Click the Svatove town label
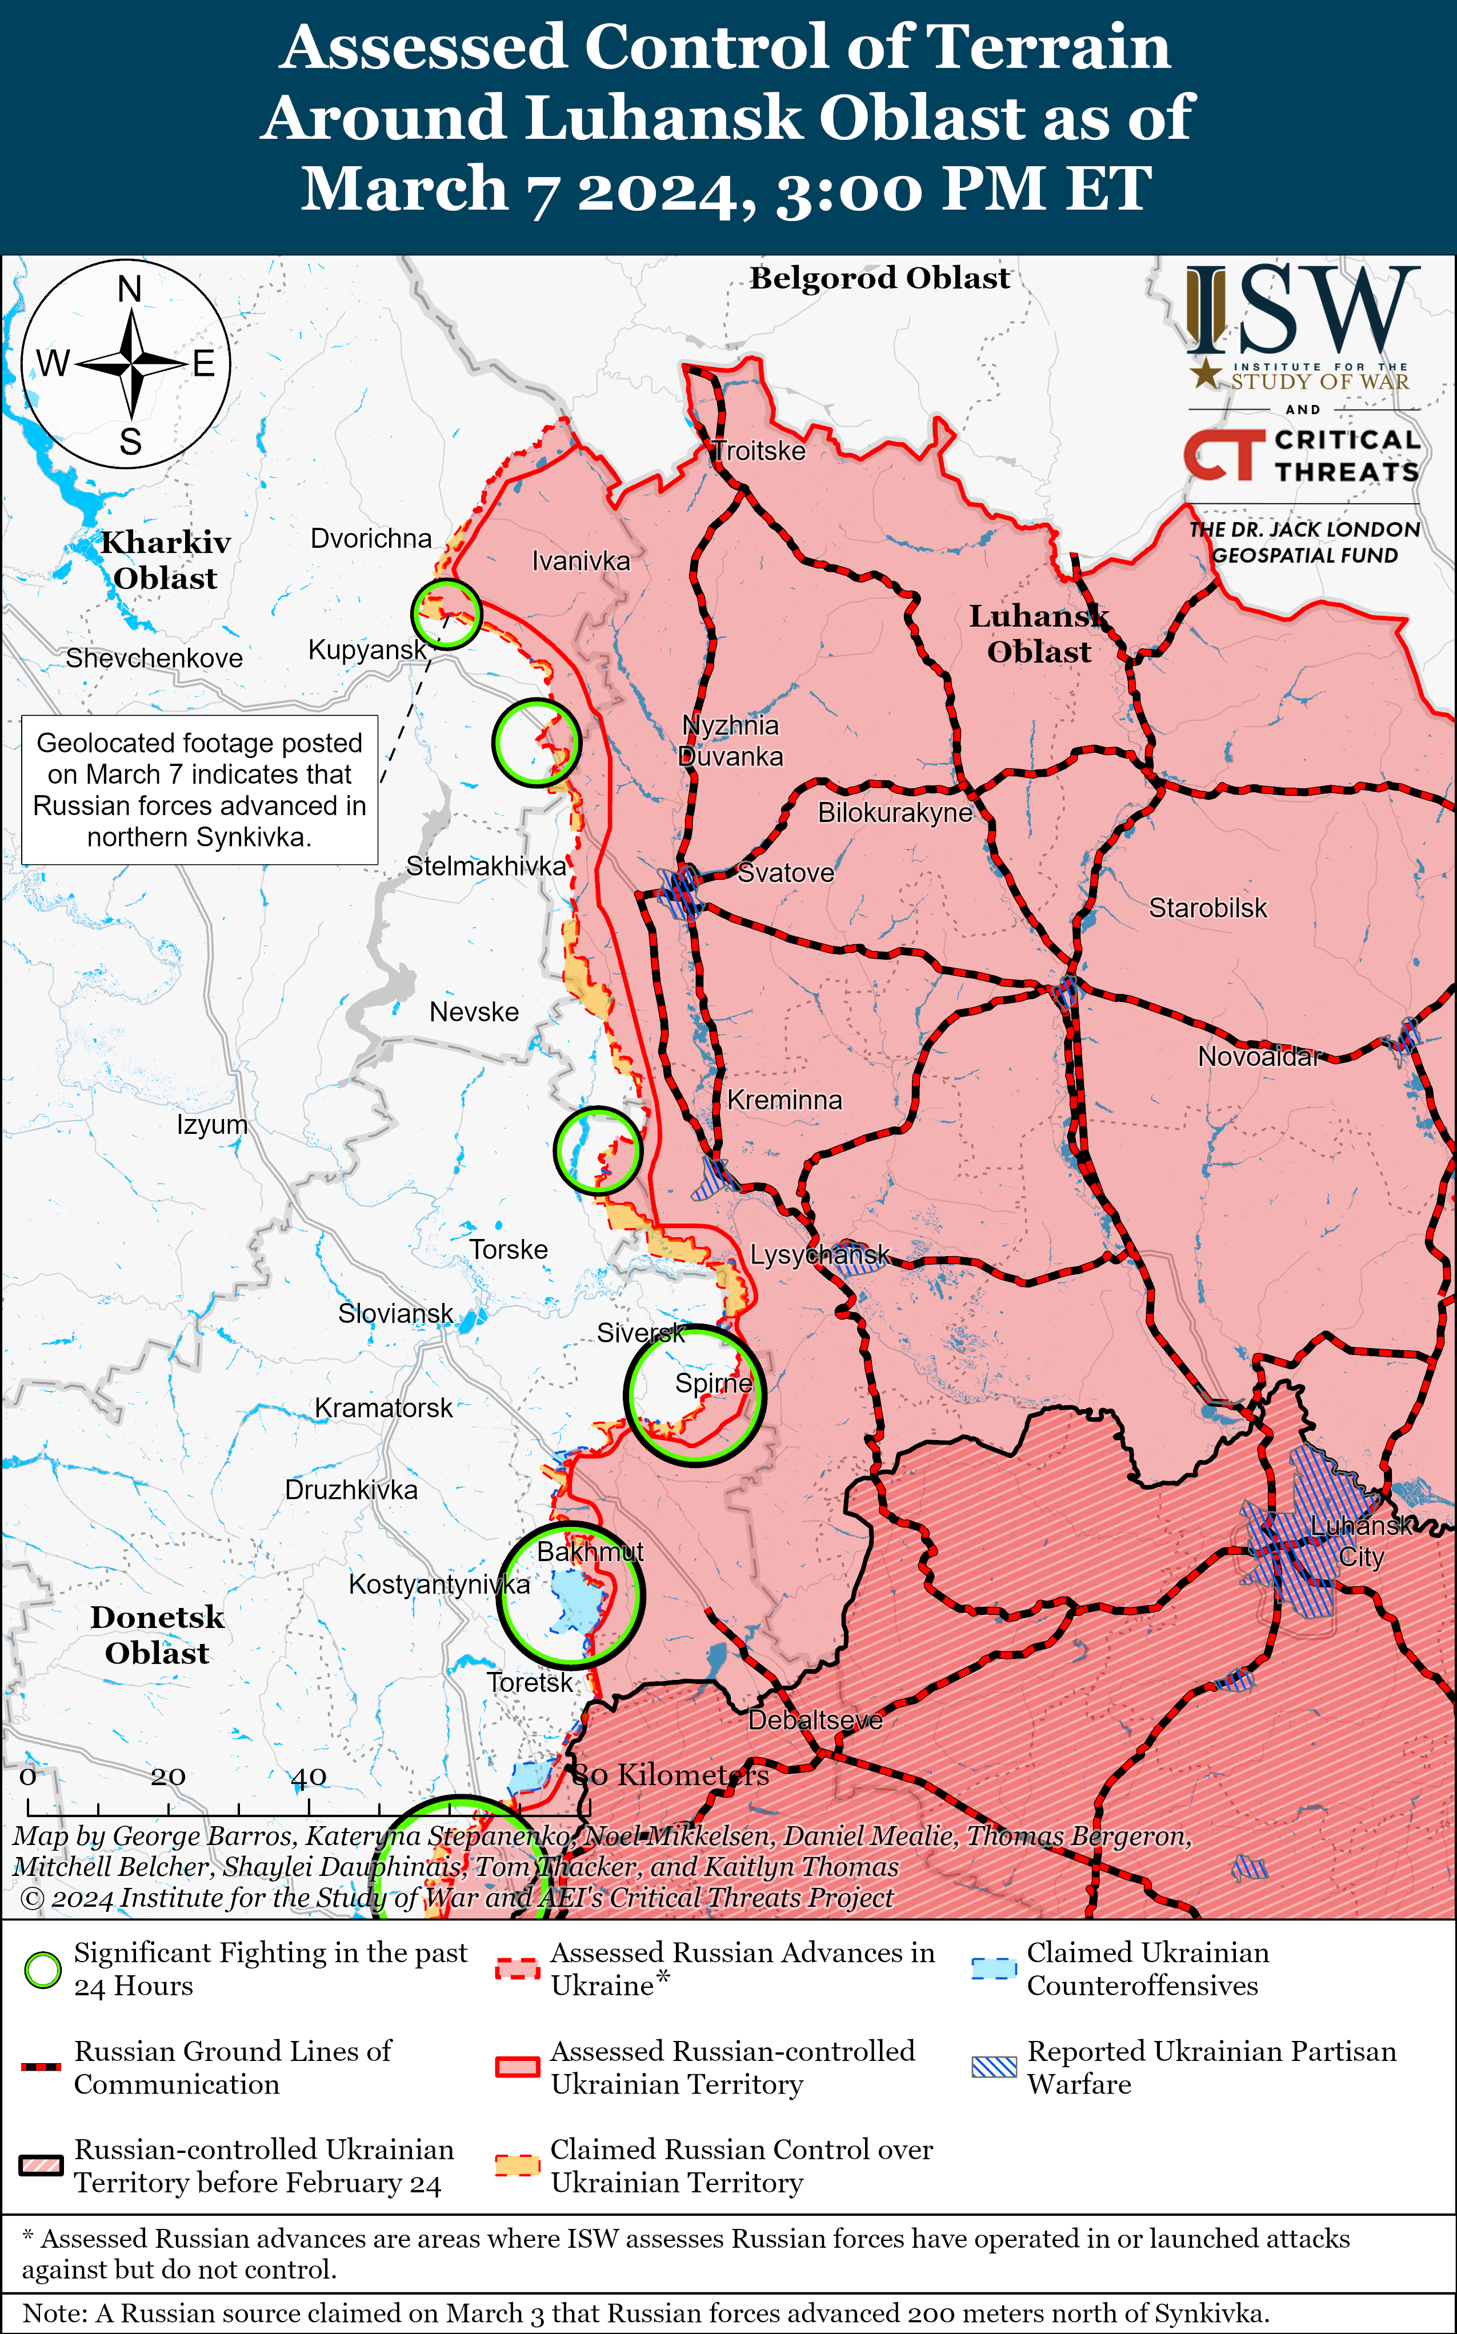(786, 873)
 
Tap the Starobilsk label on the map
(1207, 908)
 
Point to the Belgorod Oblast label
(880, 278)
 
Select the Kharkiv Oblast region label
(166, 560)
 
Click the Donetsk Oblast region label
(157, 1635)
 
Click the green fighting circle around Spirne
(694, 1395)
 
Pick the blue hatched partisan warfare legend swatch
(994, 2067)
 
